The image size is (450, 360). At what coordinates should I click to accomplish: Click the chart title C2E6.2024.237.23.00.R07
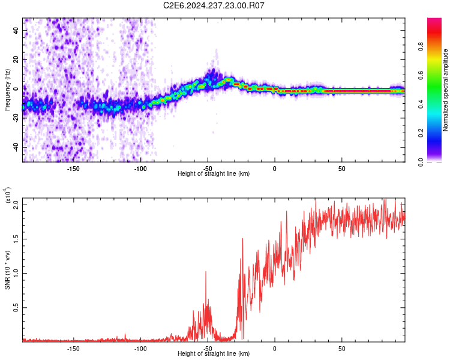214,5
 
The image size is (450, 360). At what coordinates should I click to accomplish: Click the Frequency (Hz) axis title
7,90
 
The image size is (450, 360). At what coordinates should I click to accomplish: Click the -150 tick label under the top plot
73,169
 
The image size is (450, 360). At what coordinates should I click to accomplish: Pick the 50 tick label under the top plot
341,169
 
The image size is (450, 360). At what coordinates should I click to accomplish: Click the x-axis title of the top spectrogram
214,174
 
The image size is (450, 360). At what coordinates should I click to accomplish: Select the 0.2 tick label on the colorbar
437,133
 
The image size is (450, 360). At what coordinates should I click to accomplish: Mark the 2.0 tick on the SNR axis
16,205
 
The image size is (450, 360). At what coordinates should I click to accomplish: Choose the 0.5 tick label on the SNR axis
16,307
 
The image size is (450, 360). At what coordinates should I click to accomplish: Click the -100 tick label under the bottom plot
140,349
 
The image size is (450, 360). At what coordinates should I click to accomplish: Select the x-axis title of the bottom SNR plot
214,354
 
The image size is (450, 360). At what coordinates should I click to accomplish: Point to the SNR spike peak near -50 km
206,272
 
